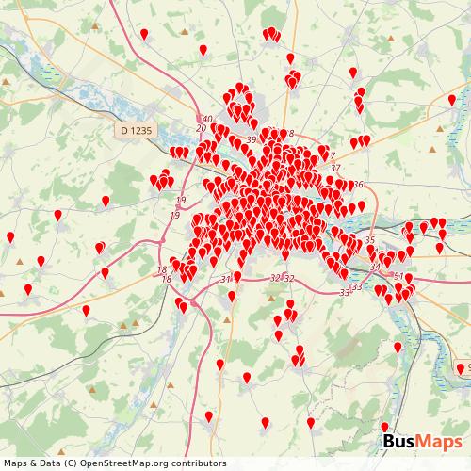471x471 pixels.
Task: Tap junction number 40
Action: [206, 119]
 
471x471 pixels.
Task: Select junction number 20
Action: [201, 128]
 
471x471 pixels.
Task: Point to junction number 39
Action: [251, 140]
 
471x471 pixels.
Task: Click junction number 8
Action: [292, 134]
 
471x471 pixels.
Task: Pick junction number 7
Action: [333, 156]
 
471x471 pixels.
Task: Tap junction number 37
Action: [335, 169]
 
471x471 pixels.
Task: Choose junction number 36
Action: [358, 185]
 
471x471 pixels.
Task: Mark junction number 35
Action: [369, 240]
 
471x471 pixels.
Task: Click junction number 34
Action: [376, 267]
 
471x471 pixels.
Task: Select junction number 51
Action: [399, 276]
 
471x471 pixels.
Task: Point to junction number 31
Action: [225, 280]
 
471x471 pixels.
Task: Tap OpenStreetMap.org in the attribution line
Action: [122, 463]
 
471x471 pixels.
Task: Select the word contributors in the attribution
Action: [195, 463]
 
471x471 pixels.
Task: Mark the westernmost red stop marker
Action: [10, 236]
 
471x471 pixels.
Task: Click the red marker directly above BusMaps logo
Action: [383, 427]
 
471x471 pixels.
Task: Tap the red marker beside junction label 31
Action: [237, 276]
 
